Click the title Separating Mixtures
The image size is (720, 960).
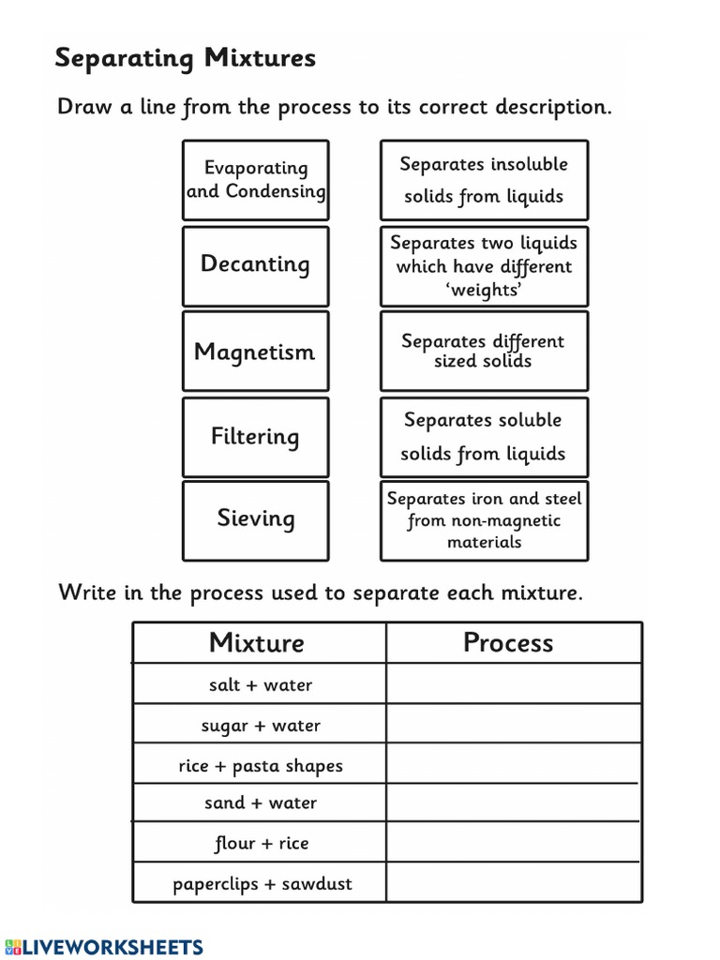click(x=185, y=58)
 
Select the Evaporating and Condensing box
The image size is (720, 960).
click(x=256, y=180)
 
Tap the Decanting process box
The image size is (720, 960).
click(x=256, y=265)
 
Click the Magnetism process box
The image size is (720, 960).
click(x=256, y=352)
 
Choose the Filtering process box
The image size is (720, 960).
click(x=256, y=437)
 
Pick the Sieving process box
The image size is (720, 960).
click(x=256, y=519)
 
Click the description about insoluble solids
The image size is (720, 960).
click(x=484, y=180)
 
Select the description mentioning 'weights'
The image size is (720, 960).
click(x=484, y=265)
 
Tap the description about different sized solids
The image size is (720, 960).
click(x=484, y=351)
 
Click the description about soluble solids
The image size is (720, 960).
click(x=484, y=437)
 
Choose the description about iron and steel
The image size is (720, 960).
click(x=484, y=520)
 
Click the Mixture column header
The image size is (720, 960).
click(x=257, y=643)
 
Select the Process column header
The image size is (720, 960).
click(x=509, y=643)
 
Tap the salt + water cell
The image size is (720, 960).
click(x=260, y=685)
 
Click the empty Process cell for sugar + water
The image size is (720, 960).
click(x=513, y=725)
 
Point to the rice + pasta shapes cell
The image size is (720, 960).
click(x=260, y=766)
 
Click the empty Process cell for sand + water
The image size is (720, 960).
click(x=513, y=803)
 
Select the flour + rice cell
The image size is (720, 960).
click(x=260, y=844)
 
